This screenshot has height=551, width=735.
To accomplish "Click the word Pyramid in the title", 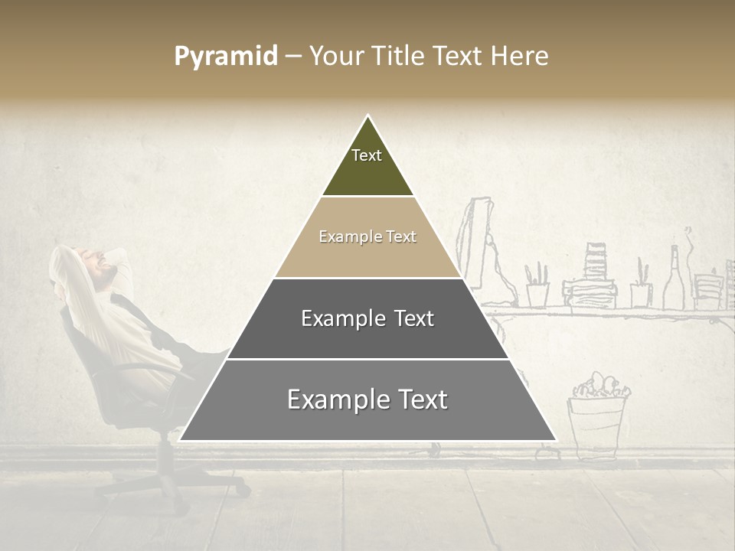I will point(225,57).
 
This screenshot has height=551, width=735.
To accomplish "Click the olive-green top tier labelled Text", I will point(367,165).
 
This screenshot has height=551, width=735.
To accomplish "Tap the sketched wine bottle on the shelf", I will point(674,279).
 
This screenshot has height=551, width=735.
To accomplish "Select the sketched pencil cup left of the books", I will point(537,287).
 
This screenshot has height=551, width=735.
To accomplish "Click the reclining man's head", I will point(100,264).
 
